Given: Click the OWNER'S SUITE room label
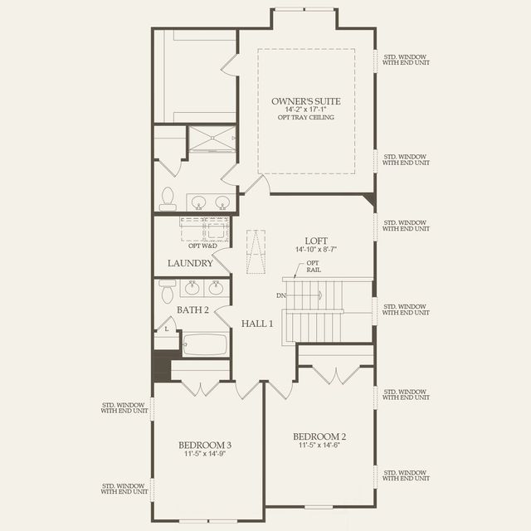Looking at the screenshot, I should click(x=306, y=101).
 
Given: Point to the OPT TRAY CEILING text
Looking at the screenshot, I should click(x=306, y=118).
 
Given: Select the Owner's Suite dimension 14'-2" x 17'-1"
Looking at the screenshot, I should click(x=306, y=110).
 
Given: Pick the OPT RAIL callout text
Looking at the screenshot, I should click(x=313, y=266).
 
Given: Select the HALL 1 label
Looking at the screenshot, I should click(x=257, y=323).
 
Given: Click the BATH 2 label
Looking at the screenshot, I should click(x=192, y=309).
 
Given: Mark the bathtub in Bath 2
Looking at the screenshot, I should click(x=205, y=343).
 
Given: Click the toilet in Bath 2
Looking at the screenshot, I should click(x=166, y=291).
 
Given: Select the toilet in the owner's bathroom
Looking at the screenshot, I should click(x=167, y=198).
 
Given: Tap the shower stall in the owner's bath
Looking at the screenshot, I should click(x=212, y=140).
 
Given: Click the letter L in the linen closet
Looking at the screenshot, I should click(x=167, y=329).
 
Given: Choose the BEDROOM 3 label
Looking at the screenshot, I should click(x=207, y=445).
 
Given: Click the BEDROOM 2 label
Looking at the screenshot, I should click(x=319, y=436).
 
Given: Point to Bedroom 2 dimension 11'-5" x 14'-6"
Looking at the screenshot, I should click(x=319, y=446).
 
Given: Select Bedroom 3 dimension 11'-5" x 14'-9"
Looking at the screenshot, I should click(x=207, y=454).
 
